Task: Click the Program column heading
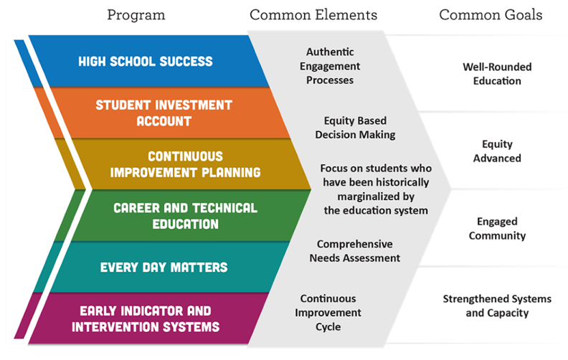[x=136, y=14]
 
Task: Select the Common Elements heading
[x=313, y=14]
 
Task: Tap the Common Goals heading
[x=491, y=14]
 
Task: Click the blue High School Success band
[x=146, y=61]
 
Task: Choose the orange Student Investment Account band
[x=164, y=113]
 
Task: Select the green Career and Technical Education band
[x=185, y=215]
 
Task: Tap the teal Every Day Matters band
[x=164, y=267]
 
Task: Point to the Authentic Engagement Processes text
[x=330, y=66]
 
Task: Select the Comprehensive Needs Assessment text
[x=354, y=250]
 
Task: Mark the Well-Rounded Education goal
[x=496, y=74]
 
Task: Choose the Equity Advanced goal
[x=496, y=151]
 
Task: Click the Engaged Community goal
[x=497, y=228]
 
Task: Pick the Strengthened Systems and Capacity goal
[x=496, y=305]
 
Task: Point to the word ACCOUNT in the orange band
[x=164, y=120]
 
